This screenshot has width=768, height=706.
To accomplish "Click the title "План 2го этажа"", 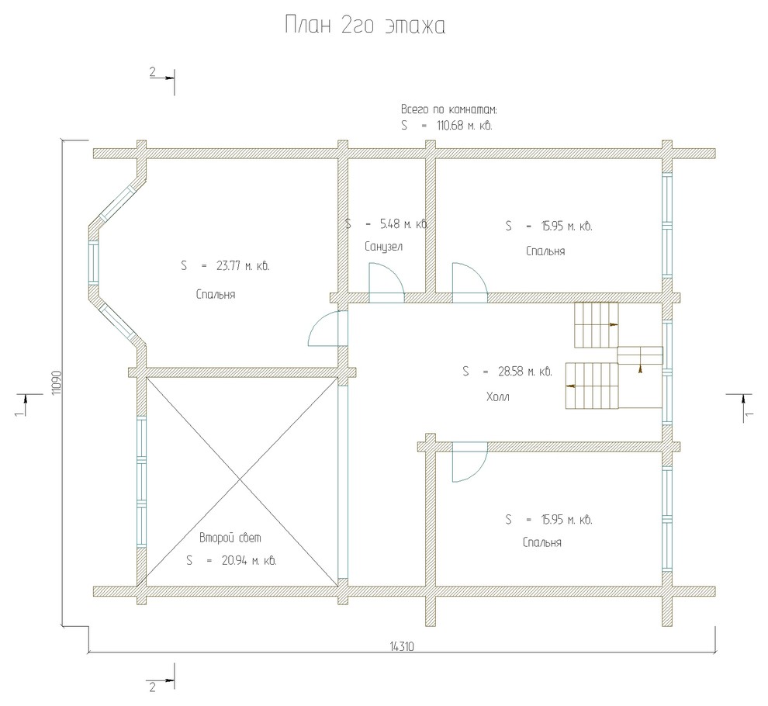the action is [365, 26].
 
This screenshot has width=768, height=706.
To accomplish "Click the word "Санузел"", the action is [383, 246].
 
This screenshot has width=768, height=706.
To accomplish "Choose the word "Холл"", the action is [498, 397].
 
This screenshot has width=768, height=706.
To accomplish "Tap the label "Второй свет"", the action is [230, 538].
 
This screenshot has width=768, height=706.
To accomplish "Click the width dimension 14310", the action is [402, 647].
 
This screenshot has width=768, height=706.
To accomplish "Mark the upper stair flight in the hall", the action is [597, 325].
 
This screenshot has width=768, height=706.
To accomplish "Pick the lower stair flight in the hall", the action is [592, 386].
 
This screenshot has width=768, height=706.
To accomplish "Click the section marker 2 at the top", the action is [162, 78].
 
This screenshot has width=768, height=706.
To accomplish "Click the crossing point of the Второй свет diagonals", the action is [240, 482].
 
